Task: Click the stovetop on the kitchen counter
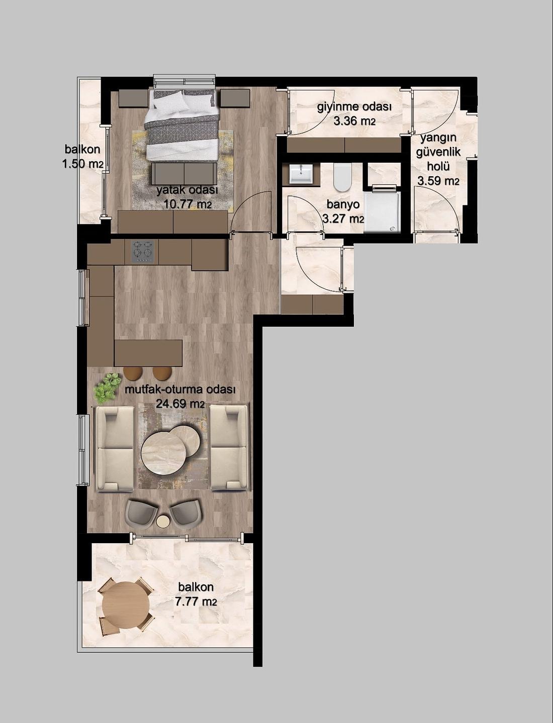click(x=145, y=252)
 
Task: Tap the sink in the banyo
click(x=301, y=174)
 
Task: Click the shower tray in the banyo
click(x=382, y=212)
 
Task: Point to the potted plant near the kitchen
click(x=106, y=388)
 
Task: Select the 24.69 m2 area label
click(x=180, y=404)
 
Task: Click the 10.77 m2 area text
click(x=188, y=204)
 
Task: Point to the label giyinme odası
click(x=354, y=108)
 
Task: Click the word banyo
click(x=343, y=204)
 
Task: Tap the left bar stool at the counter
click(x=133, y=373)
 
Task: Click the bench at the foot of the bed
click(x=184, y=174)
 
